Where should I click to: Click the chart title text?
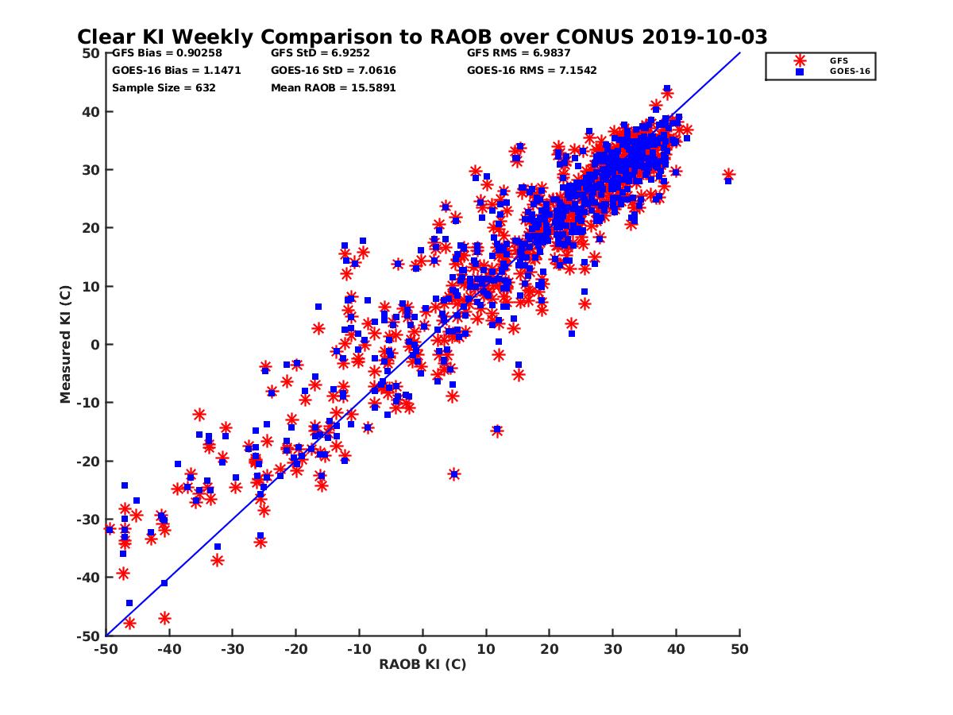point(422,37)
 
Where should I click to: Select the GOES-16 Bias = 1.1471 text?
point(176,71)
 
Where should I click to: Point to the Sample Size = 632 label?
point(164,88)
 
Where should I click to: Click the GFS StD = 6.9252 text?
point(311,53)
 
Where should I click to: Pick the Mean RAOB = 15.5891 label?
point(333,88)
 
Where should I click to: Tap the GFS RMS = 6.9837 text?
point(519,53)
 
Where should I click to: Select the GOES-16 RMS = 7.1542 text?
point(531,71)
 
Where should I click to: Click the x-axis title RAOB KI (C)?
point(422,664)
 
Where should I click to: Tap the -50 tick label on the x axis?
point(106,649)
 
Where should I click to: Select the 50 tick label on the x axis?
point(739,649)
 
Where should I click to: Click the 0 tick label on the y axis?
point(95,345)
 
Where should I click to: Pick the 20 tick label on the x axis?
point(549,649)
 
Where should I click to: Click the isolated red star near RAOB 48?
point(728,175)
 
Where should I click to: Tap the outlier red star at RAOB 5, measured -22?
point(454,473)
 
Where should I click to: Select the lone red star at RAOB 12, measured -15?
point(497,431)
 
